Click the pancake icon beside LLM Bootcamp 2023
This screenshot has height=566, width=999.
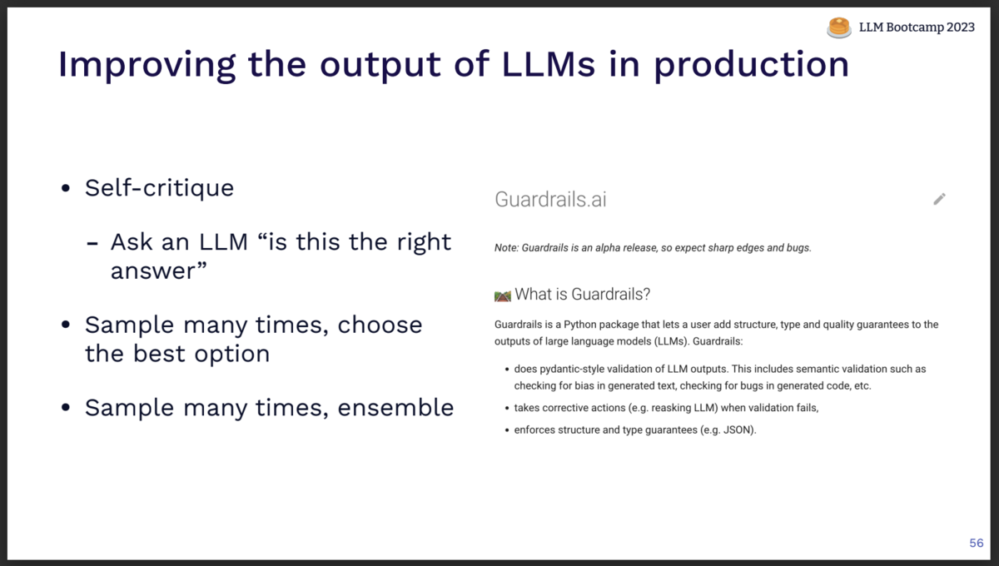pos(839,27)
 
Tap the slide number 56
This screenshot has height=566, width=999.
pos(977,544)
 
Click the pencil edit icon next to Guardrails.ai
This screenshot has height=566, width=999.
pos(939,199)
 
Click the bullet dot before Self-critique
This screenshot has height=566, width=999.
pos(66,189)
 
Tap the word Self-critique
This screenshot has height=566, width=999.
pos(159,188)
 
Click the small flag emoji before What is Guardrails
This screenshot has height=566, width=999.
pos(502,295)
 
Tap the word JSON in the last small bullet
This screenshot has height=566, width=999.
pos(738,430)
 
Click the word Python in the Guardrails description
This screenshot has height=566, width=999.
pos(583,325)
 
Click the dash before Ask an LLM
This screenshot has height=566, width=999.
pos(94,243)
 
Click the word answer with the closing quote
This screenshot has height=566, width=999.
pos(158,271)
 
